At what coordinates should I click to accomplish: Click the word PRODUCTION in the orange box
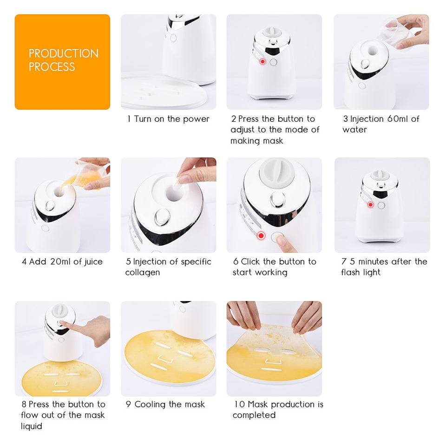tap(64, 53)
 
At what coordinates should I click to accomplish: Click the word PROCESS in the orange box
tap(52, 67)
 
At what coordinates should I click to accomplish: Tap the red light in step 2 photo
tap(262, 62)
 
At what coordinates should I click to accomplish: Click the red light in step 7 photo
tap(370, 205)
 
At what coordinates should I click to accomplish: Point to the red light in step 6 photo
tap(261, 236)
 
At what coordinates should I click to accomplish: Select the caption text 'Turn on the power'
tap(171, 119)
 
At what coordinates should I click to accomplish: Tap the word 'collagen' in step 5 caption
tap(142, 273)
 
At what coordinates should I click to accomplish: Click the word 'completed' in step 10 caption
tap(254, 415)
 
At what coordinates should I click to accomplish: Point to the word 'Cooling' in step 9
tap(151, 404)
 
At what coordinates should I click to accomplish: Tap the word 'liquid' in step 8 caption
tap(32, 426)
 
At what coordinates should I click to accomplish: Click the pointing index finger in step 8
tap(67, 325)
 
